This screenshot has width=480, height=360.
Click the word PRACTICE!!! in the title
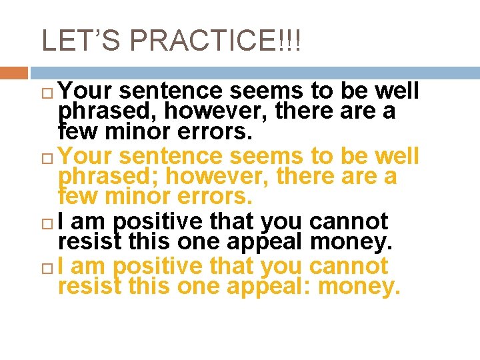[215, 41]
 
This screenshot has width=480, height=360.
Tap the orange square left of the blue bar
[13, 72]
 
